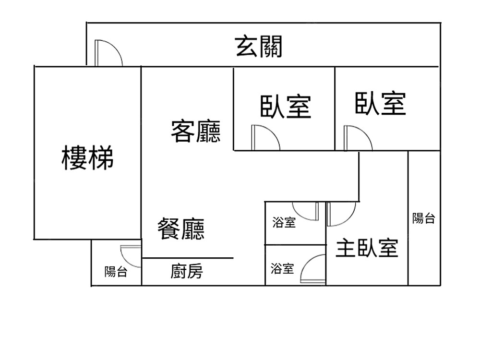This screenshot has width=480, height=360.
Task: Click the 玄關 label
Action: (x=259, y=47)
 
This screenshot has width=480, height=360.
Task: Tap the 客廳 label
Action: (x=196, y=131)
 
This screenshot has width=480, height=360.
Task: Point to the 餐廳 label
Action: (x=181, y=228)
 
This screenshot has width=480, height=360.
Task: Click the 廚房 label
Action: (x=187, y=272)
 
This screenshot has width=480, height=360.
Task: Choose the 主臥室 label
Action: (x=367, y=248)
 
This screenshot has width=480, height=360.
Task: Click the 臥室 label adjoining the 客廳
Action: (x=286, y=107)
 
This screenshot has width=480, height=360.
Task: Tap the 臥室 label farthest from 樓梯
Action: (x=381, y=103)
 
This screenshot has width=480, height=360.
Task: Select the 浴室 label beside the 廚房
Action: (x=282, y=268)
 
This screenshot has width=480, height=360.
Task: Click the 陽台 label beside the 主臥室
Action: (x=424, y=219)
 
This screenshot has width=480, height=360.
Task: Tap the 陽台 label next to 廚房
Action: (x=116, y=272)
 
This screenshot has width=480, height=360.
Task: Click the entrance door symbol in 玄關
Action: (x=108, y=53)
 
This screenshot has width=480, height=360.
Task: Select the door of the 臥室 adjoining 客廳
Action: (x=264, y=138)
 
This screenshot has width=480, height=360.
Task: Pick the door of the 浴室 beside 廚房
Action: (x=313, y=270)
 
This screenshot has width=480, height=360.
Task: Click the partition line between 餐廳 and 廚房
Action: (x=188, y=258)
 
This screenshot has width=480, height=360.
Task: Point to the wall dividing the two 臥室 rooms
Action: (x=335, y=108)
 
